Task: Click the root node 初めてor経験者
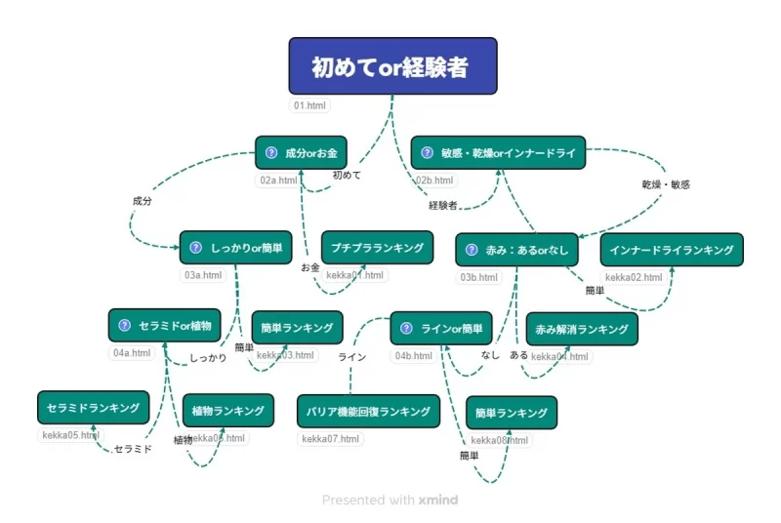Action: click(x=392, y=66)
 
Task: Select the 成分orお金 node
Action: click(x=300, y=153)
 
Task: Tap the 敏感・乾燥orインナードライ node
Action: click(x=498, y=153)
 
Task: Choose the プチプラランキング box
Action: click(x=377, y=248)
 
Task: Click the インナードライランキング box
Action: click(x=672, y=250)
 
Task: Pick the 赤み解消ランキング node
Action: click(x=582, y=329)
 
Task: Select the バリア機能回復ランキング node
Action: click(x=368, y=411)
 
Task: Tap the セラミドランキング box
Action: click(x=94, y=407)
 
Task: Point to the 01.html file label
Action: click(x=311, y=105)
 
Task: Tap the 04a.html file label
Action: click(x=132, y=353)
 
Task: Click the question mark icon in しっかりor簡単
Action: click(x=195, y=248)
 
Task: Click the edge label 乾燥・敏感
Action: click(x=666, y=183)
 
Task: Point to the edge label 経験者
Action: click(x=443, y=205)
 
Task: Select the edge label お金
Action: click(x=310, y=266)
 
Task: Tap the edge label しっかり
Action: click(x=208, y=358)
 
